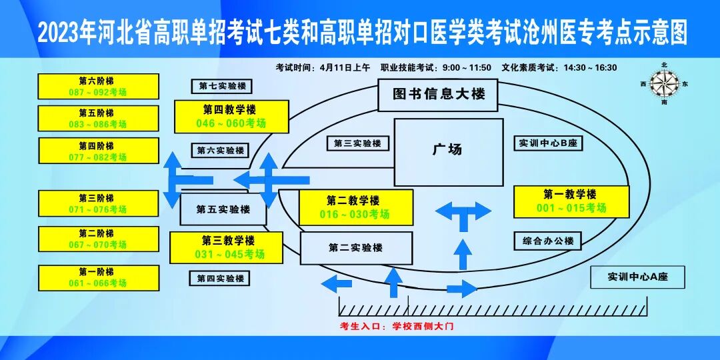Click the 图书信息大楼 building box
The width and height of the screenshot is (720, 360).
pos(438,95)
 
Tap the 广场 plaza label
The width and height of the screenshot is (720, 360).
pos(447,150)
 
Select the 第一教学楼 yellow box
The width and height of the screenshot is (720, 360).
pos(571,201)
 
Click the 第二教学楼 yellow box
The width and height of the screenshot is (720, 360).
pos(355,207)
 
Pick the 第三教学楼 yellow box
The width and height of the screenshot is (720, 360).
pos(230,247)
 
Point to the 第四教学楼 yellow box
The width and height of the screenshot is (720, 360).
pos(231,117)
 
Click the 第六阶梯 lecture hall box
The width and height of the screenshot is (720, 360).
pos(98,87)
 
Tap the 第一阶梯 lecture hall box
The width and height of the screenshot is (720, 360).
pos(98,278)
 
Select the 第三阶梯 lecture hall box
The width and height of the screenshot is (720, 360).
pos(98,204)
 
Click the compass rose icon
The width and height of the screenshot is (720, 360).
pos(663,84)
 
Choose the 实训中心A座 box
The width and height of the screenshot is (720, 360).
pos(637,277)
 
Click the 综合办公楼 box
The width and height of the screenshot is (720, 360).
pos(548,241)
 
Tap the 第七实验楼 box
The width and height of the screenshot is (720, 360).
pos(223,86)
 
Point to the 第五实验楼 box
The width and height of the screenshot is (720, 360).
pos(223,209)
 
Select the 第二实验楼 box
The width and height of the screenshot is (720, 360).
pos(355,248)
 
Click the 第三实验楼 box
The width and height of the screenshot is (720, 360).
pos(357,143)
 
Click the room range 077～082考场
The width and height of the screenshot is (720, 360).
pos(98,157)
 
